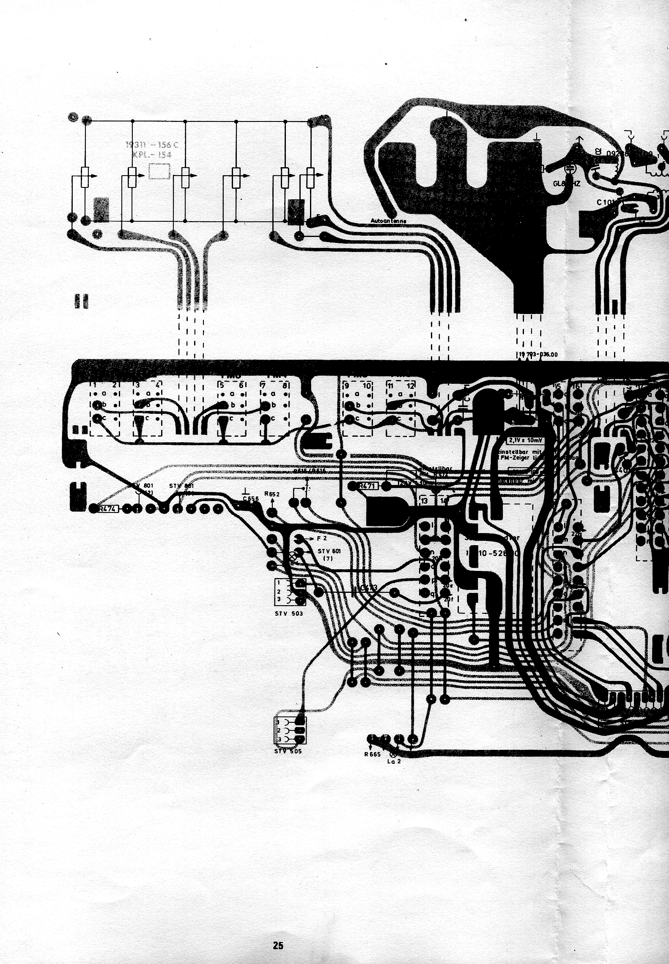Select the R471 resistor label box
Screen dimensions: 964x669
click(367, 486)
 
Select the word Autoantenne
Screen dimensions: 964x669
click(388, 221)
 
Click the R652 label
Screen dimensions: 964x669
click(271, 494)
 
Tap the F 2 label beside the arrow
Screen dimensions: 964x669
click(322, 539)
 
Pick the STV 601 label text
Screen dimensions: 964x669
click(329, 551)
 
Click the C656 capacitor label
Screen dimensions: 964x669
click(251, 499)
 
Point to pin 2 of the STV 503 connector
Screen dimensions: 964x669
click(279, 592)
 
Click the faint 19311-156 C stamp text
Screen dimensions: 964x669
click(152, 145)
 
